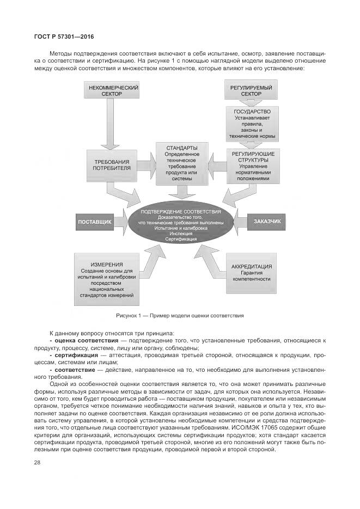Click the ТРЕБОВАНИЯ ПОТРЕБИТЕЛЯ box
[112, 165]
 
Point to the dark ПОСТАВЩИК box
[95, 222]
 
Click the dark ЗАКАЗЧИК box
[267, 222]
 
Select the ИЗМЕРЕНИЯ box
[106, 279]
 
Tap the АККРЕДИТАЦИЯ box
[251, 272]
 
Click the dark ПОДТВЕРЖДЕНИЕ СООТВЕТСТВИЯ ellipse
[181, 224]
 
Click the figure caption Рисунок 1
[179, 316]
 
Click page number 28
[37, 463]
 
